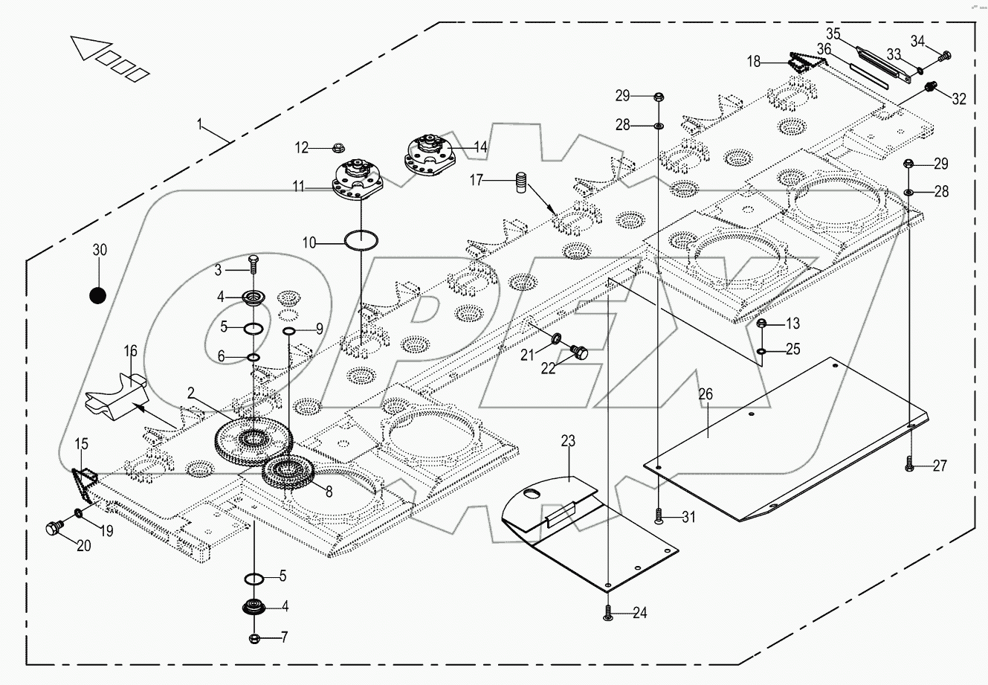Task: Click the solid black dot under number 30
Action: click(97, 295)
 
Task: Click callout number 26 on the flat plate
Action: click(705, 394)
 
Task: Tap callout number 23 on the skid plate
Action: click(568, 442)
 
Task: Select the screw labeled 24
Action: click(608, 613)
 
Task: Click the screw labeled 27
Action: click(910, 466)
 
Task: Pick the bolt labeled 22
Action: click(579, 350)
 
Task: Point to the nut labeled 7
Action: click(254, 638)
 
